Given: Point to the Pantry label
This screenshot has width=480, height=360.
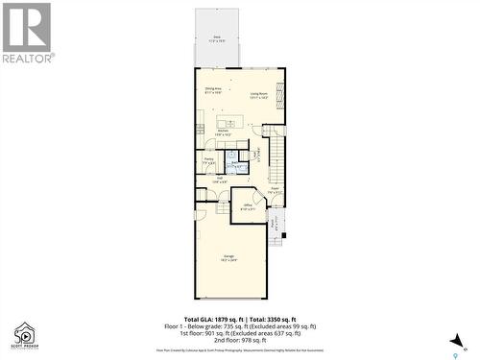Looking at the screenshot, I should tap(209, 161).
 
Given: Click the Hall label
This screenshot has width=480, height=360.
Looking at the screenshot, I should tap(219, 178).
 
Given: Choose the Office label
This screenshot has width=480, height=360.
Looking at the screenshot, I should tap(247, 206).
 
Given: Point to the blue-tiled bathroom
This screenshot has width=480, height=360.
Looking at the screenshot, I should tap(233, 163).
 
